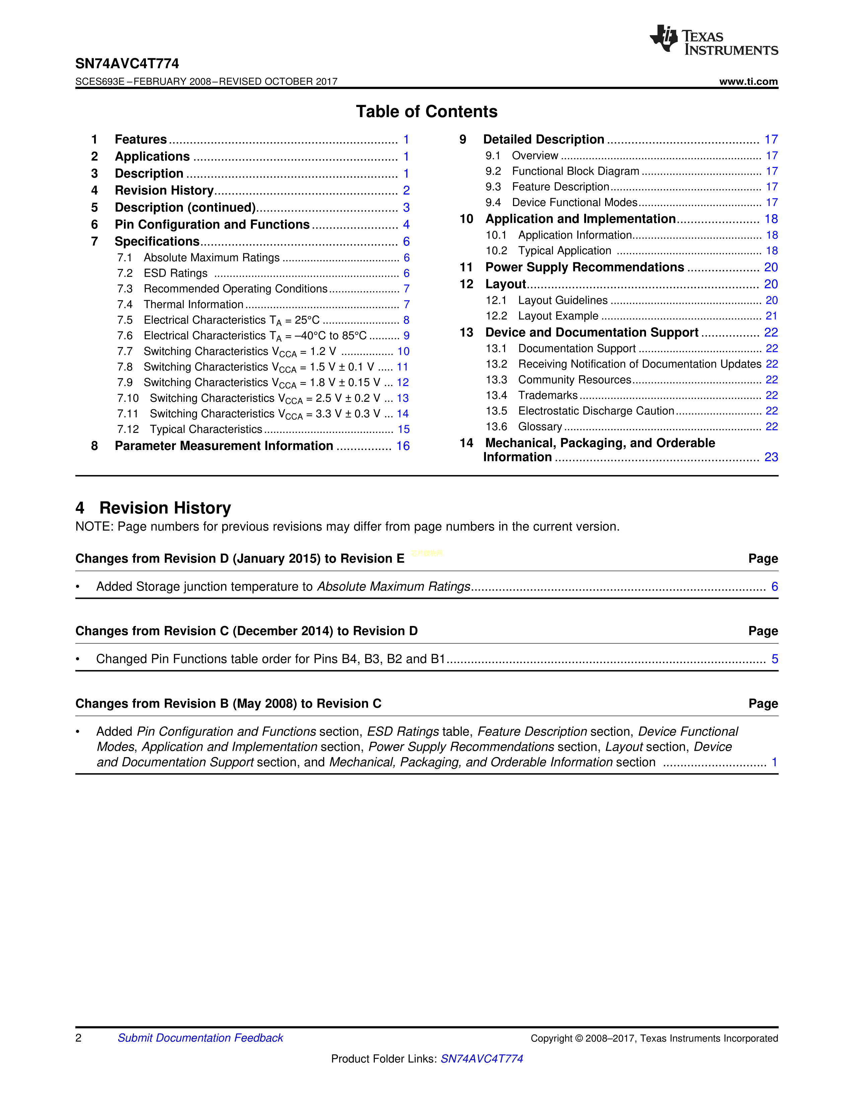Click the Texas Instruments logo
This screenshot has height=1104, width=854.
pyautogui.click(x=713, y=40)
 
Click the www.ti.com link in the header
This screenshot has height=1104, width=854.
pyautogui.click(x=748, y=81)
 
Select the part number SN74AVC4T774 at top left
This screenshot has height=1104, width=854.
pyautogui.click(x=127, y=64)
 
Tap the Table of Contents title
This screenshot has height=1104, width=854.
pyautogui.click(x=426, y=112)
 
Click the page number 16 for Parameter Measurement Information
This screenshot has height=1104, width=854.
pyautogui.click(x=403, y=446)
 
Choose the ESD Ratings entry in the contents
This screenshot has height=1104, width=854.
pyautogui.click(x=175, y=273)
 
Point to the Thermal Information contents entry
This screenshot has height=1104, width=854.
pyautogui.click(x=193, y=304)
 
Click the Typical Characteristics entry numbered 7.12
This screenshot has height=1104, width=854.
pyautogui.click(x=206, y=429)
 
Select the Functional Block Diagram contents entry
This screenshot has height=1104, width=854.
pyautogui.click(x=575, y=171)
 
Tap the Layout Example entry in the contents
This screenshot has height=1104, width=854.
pyautogui.click(x=558, y=316)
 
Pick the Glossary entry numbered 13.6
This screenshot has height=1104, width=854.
pyautogui.click(x=540, y=427)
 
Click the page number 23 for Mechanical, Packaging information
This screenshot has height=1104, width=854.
pyautogui.click(x=771, y=457)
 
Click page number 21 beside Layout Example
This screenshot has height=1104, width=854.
pyautogui.click(x=771, y=316)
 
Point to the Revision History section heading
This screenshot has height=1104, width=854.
pyautogui.click(x=165, y=508)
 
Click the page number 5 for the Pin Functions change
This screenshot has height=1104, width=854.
pyautogui.click(x=774, y=659)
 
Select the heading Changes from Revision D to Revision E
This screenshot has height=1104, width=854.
pyautogui.click(x=240, y=559)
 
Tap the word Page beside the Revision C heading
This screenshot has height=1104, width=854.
pyautogui.click(x=763, y=704)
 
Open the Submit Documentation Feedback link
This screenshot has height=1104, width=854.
pyautogui.click(x=200, y=1038)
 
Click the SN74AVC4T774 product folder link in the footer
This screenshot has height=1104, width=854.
pyautogui.click(x=482, y=1059)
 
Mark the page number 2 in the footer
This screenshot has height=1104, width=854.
pyautogui.click(x=78, y=1038)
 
